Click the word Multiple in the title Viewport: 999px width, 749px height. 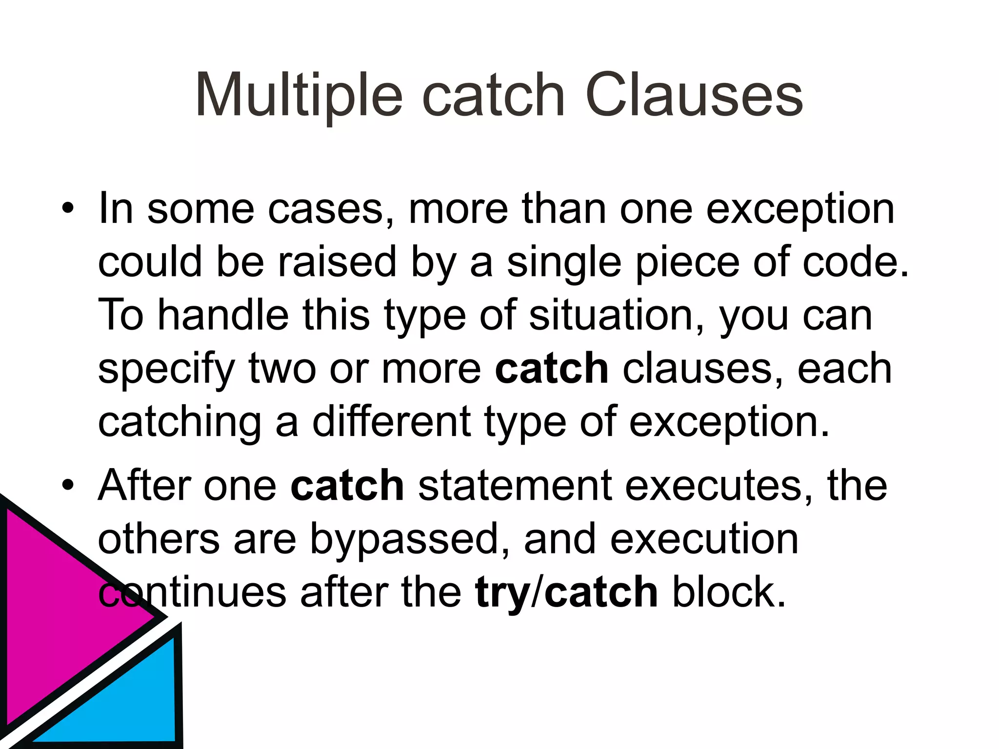click(x=299, y=96)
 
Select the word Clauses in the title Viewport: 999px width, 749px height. click(x=694, y=96)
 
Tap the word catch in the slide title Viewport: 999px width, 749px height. click(x=493, y=96)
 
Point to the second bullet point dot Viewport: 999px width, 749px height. click(x=68, y=485)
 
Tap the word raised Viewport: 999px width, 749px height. click(x=337, y=262)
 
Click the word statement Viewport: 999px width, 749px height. click(x=515, y=485)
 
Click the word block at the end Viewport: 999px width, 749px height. click(x=729, y=592)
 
